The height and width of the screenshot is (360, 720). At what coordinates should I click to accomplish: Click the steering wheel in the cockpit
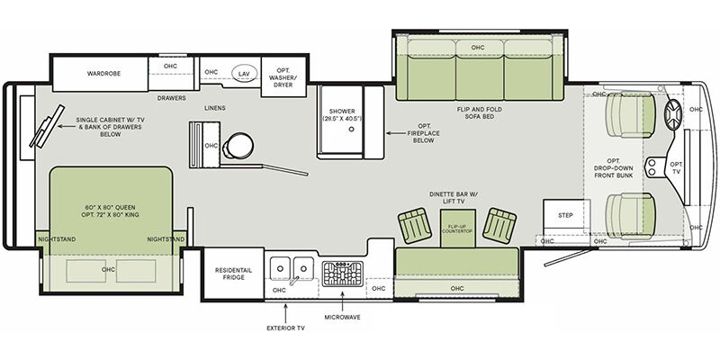pos(674,115)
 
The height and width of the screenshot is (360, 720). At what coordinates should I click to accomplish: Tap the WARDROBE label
pos(103,74)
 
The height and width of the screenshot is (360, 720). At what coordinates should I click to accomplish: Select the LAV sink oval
pos(243,74)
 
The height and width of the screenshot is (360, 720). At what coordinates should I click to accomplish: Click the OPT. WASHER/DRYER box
pos(283,76)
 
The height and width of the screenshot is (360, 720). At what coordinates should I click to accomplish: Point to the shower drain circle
pos(351,130)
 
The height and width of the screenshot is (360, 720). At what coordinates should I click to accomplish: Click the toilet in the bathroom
pos(238,146)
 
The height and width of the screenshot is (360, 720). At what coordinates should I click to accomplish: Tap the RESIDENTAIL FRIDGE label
pos(233,274)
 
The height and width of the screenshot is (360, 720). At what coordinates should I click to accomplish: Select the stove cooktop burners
pos(342,274)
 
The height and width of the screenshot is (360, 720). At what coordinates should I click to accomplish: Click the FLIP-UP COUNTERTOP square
pos(458,229)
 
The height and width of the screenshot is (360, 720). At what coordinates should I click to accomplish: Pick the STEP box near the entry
pos(566,217)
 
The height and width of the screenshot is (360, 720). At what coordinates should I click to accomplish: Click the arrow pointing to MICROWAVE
pos(342,301)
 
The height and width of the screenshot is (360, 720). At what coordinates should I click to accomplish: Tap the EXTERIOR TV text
pos(285,328)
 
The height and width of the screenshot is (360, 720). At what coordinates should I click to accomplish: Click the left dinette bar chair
pos(415,226)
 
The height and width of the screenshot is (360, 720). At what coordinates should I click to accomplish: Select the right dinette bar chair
pos(499,226)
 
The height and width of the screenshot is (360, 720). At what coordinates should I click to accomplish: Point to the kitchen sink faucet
pos(294,279)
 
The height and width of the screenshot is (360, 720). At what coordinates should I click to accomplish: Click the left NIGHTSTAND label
pos(57,239)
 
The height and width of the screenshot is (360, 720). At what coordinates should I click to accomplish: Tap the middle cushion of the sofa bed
pos(480,70)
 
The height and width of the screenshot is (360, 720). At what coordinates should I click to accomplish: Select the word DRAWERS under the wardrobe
pos(171,98)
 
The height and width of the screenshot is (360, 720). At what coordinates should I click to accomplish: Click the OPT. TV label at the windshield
pos(677,167)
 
